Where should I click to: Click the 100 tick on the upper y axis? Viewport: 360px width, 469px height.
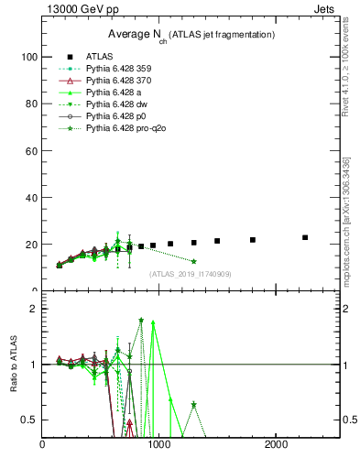click(x=29, y=57)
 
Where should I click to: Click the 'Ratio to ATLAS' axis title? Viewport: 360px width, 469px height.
click(x=12, y=365)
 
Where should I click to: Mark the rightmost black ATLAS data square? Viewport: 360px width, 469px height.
click(x=305, y=237)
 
